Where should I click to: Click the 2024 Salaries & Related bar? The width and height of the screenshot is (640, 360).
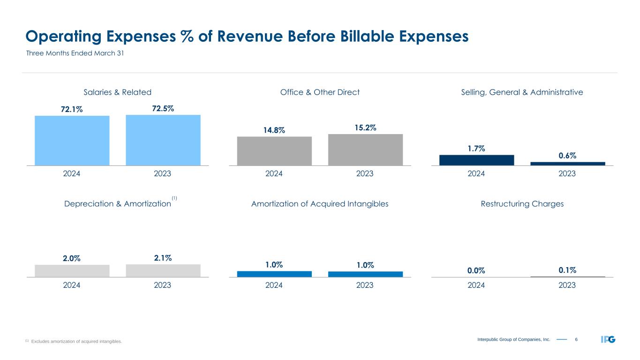click(x=72, y=140)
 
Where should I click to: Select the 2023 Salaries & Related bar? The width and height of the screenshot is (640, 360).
click(x=163, y=140)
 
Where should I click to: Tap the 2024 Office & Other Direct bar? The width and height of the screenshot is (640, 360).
click(x=274, y=151)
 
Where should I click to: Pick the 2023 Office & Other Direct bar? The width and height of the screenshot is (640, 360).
click(x=365, y=150)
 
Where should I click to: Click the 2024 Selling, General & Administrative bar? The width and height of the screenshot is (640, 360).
click(x=476, y=160)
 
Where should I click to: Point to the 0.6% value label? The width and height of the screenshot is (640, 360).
click(x=567, y=155)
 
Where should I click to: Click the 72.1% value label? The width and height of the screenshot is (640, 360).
click(x=72, y=109)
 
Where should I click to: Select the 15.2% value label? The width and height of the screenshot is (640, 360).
click(x=365, y=127)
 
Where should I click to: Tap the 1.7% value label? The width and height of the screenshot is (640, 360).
click(x=476, y=149)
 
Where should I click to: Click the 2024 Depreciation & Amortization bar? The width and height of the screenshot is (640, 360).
click(x=72, y=271)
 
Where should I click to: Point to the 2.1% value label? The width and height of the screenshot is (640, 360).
click(x=163, y=258)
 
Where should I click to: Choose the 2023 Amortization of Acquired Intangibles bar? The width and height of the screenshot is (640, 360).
click(x=365, y=274)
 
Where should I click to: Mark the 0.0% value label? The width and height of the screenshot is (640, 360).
click(x=476, y=270)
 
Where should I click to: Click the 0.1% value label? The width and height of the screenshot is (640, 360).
click(x=567, y=270)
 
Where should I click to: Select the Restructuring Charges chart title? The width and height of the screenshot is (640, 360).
click(x=522, y=204)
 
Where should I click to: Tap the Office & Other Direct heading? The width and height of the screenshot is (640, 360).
click(x=320, y=92)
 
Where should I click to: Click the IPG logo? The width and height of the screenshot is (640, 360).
click(x=608, y=339)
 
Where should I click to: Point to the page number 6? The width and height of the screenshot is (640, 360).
click(x=576, y=339)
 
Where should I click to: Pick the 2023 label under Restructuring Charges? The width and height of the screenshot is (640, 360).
click(x=567, y=285)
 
